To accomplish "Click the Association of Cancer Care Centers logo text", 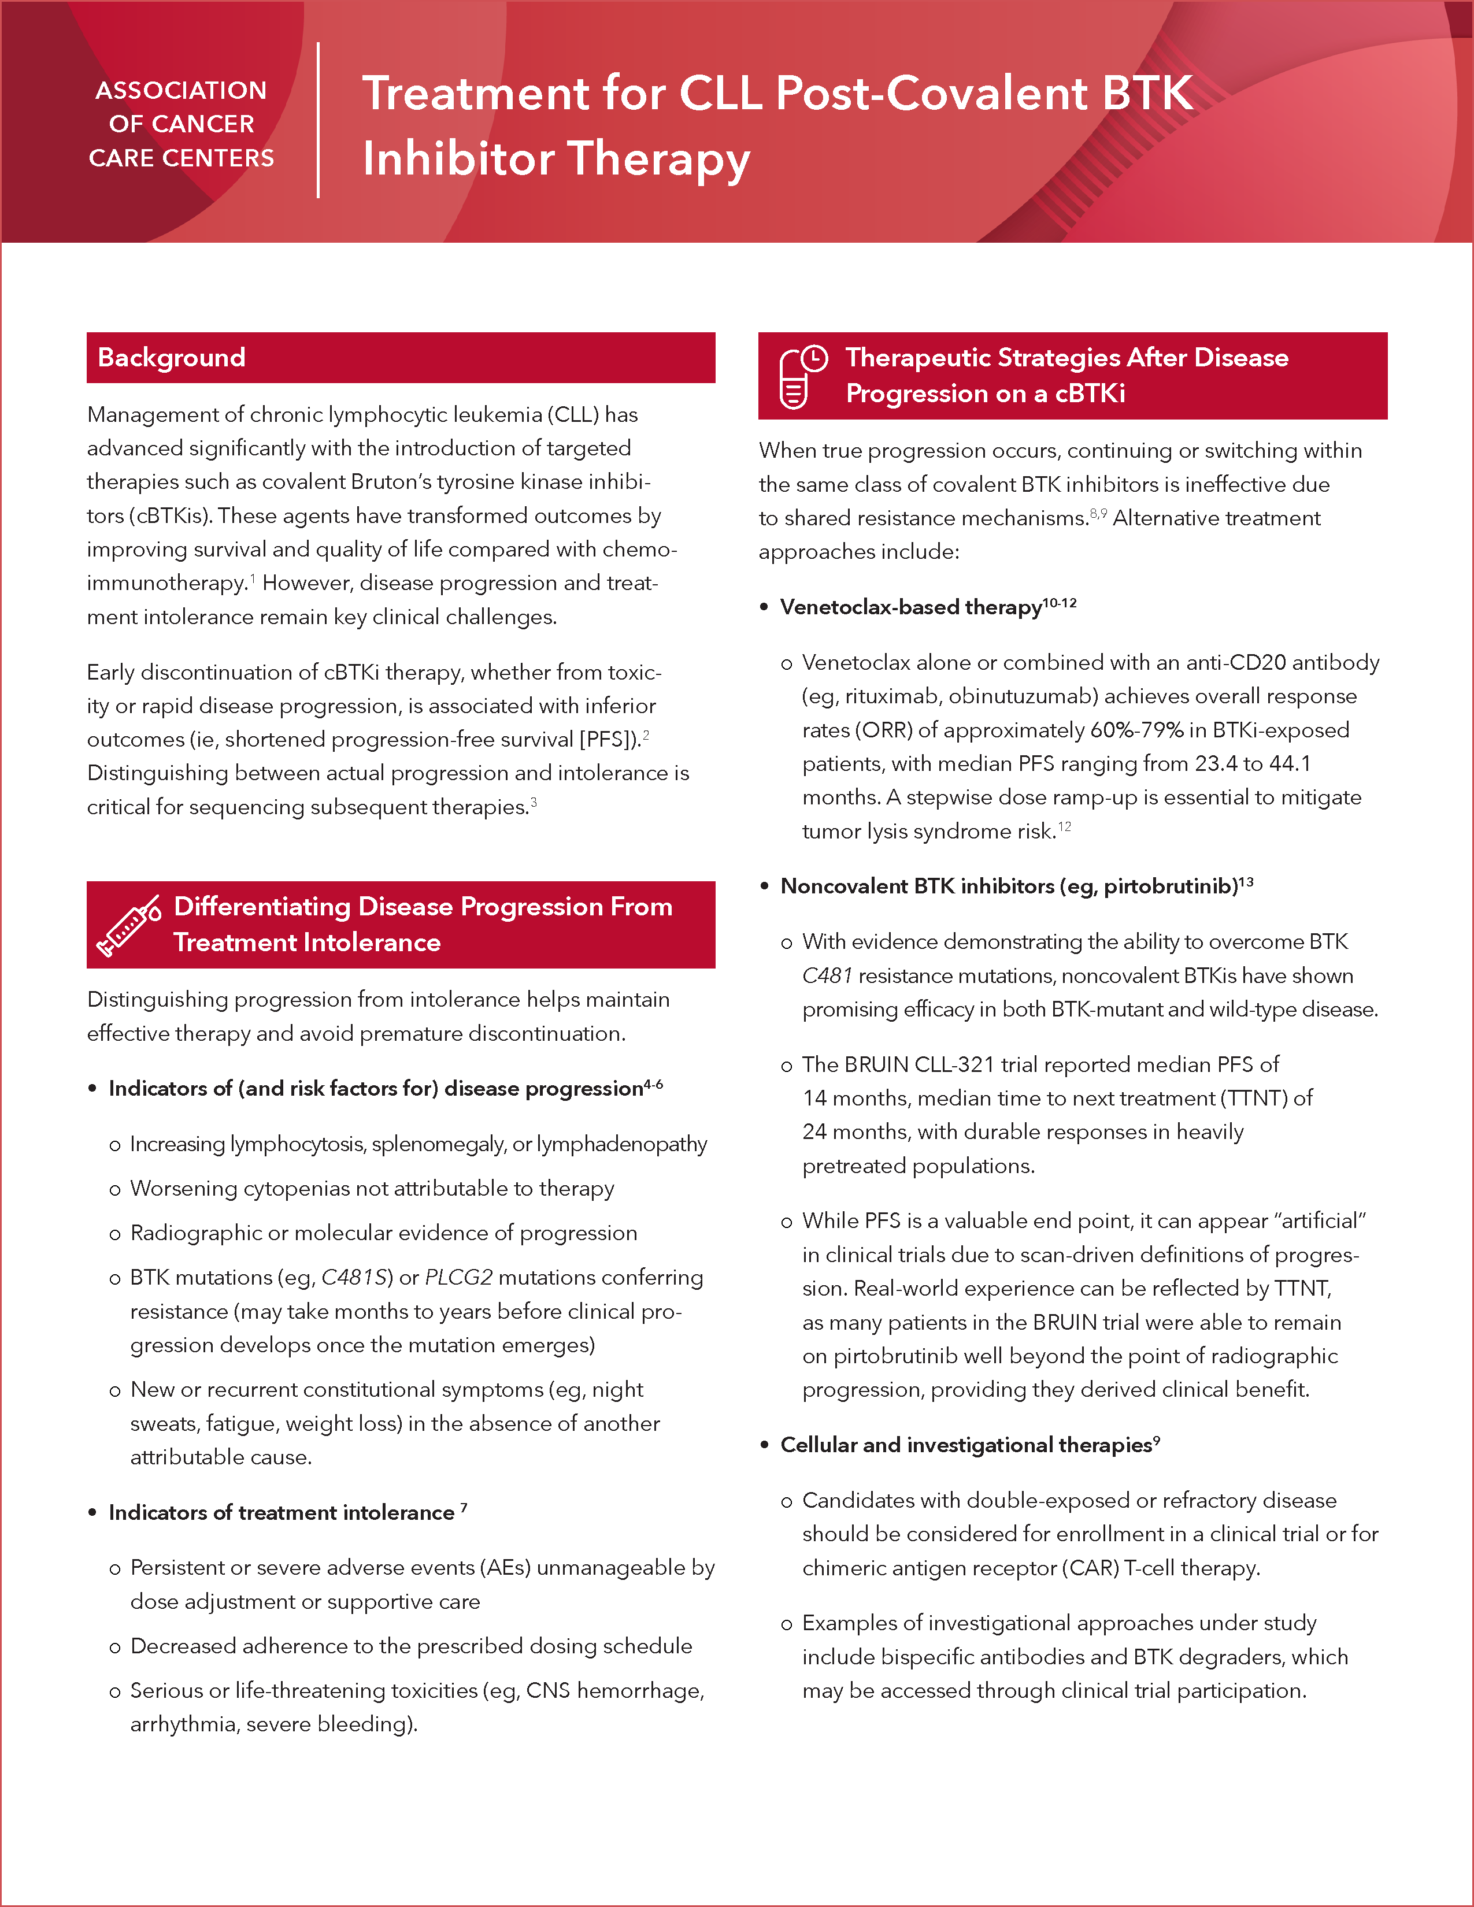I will (182, 124).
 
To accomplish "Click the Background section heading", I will (171, 358).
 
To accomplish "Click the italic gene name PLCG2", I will (458, 1278).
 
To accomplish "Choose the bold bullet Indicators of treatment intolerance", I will (281, 1512).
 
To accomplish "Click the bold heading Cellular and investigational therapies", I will (966, 1445).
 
